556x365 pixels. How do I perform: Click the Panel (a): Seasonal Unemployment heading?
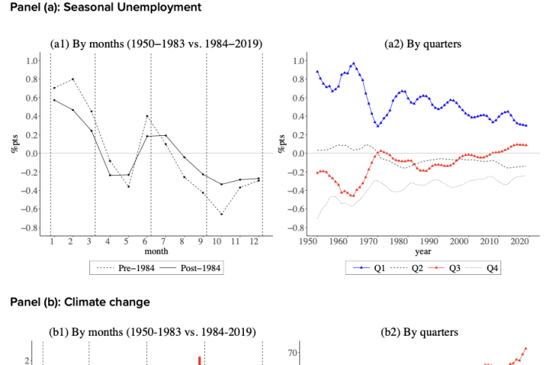106,8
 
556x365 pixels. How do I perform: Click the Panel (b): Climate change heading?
80,302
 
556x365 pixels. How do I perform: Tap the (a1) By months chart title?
156,44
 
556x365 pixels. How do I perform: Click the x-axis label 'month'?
156,251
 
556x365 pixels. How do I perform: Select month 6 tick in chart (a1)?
146,241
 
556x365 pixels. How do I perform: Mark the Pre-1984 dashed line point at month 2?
72,79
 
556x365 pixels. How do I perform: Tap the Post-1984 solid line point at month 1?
53,100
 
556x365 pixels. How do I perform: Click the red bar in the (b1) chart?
199,360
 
